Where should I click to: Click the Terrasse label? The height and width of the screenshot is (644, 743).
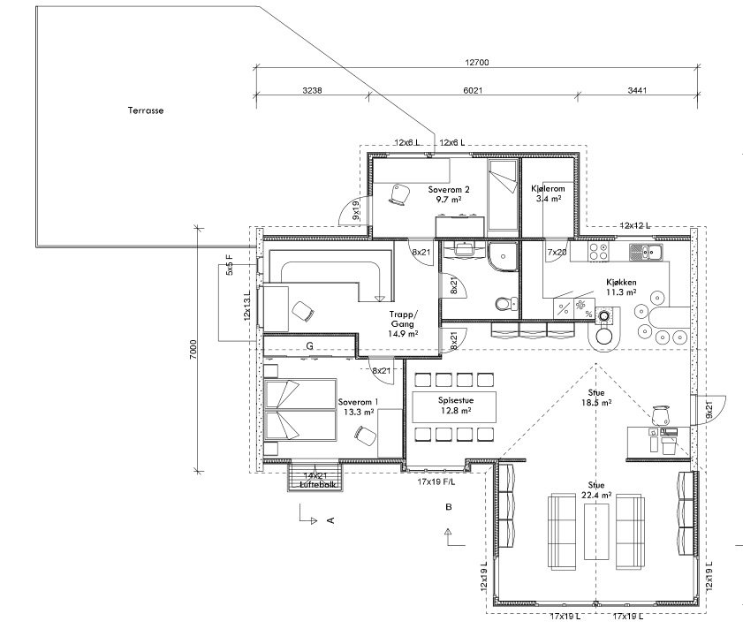(x=146, y=110)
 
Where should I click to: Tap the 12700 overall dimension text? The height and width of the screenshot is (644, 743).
(x=477, y=62)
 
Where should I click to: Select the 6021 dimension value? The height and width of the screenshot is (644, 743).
(x=473, y=90)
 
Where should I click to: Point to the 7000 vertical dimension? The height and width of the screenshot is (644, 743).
(x=193, y=349)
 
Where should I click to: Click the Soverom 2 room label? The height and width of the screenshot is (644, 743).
(x=449, y=190)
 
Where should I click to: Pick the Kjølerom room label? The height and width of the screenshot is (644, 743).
(x=548, y=188)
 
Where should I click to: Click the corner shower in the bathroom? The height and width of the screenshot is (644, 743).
(x=503, y=257)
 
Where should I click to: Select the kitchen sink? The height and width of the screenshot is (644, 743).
(x=646, y=252)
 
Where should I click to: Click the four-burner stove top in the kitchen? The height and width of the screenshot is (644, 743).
(x=598, y=251)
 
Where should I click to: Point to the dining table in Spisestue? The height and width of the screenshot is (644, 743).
(x=454, y=406)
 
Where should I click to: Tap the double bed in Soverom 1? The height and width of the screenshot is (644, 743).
(x=300, y=410)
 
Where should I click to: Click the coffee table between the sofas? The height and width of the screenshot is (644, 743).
(x=596, y=531)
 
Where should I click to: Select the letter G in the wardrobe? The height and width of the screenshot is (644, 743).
(x=310, y=346)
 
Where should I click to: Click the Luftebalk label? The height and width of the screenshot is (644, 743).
(x=318, y=484)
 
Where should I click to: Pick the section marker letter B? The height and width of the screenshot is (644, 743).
(x=449, y=507)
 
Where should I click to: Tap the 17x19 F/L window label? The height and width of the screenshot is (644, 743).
(x=436, y=482)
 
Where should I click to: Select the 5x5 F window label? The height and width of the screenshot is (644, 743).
(x=230, y=265)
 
